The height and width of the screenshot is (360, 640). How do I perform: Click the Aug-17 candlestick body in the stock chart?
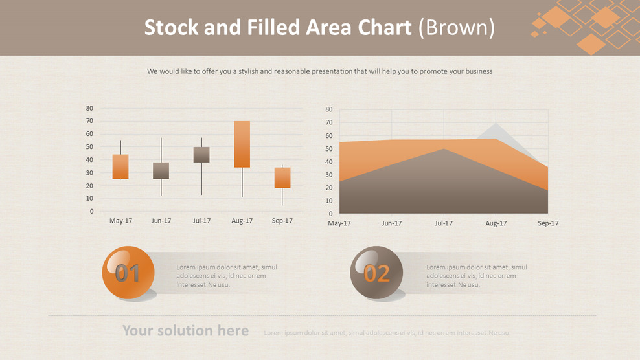point(242,144)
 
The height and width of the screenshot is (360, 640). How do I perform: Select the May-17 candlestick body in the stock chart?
point(120,166)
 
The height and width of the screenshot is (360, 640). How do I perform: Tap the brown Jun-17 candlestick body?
point(161,170)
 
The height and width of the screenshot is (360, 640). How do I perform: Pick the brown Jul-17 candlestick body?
point(201,154)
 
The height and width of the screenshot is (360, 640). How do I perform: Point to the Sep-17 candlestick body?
point(282,177)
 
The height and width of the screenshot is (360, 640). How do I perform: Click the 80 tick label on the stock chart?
point(89,108)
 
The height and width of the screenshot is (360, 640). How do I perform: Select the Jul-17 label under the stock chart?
point(201,221)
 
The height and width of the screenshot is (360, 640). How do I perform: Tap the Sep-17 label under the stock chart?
point(282,221)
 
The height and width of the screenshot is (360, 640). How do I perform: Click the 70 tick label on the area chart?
point(329,122)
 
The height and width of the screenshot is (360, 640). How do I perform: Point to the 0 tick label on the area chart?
point(330,214)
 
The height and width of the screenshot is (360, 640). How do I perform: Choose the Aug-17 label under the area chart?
point(496,223)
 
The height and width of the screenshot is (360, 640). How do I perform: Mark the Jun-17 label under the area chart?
point(391,223)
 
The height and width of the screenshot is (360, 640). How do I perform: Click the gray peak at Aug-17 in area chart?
point(496,131)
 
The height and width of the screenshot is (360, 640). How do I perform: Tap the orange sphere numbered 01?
point(128,273)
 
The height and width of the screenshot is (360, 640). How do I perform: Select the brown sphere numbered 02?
point(376,273)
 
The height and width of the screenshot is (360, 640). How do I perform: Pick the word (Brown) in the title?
point(456,27)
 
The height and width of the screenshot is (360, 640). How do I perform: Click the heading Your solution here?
point(185,331)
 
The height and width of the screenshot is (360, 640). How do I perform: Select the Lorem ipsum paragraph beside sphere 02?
point(476,276)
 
